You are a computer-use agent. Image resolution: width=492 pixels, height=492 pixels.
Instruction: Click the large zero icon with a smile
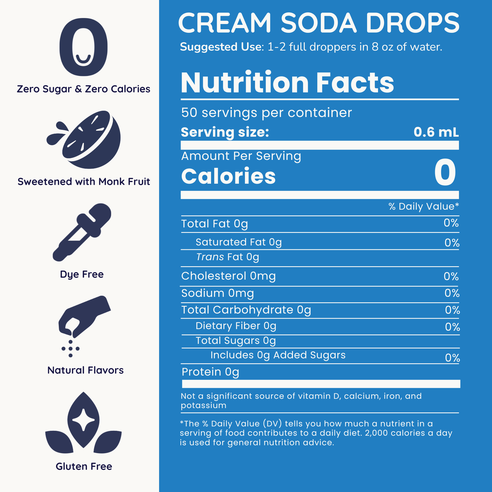pos(83,47)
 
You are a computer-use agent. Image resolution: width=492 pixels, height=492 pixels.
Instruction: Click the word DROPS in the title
pos(413,23)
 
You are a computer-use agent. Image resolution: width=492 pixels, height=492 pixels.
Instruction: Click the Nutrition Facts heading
pos(287,83)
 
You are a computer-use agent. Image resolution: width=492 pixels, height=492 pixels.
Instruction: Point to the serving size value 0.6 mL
pos(436,132)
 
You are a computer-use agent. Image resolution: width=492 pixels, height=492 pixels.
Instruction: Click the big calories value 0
pos(445,173)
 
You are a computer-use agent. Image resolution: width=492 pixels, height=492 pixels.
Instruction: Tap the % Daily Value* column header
pos(424,207)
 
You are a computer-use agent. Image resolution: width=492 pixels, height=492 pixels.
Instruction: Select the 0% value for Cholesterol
pos(451,277)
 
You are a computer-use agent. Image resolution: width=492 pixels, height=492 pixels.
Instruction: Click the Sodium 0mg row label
pos(218,293)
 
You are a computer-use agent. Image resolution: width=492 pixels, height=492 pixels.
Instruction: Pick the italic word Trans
pos(210,257)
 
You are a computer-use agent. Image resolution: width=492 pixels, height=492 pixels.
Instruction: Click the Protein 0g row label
pos(210,372)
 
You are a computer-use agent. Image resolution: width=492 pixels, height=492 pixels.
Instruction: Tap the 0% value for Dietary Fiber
pos(452,327)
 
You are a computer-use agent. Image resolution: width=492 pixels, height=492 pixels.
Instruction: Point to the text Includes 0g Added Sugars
pos(278,355)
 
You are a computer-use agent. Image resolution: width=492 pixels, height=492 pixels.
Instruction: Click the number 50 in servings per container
pos(189,113)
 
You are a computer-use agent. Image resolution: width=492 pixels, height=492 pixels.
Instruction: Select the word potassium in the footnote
pos(204,405)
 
